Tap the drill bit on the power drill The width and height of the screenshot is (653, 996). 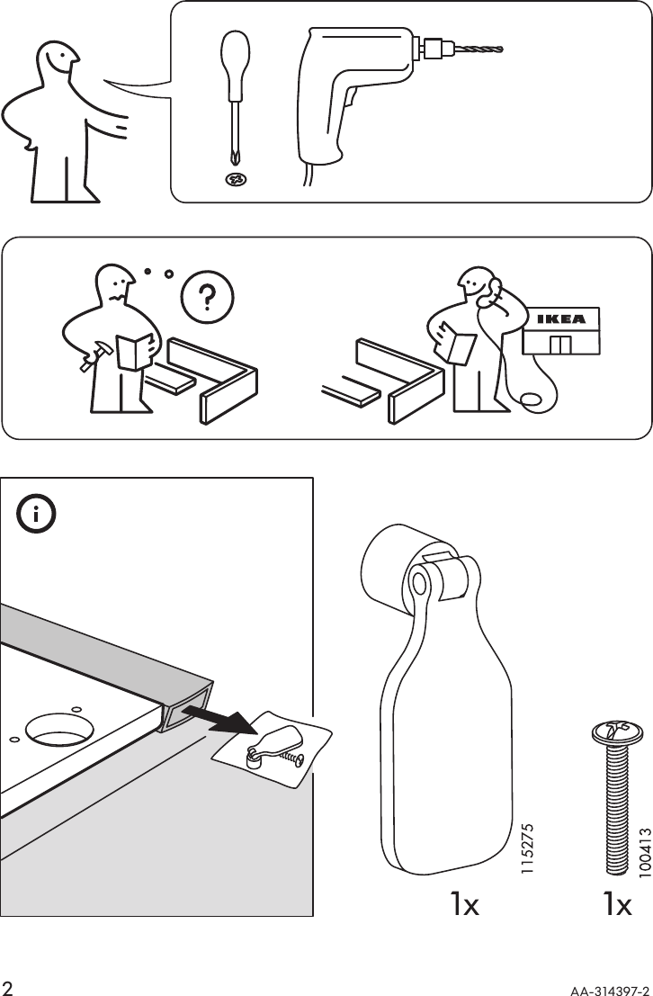477,47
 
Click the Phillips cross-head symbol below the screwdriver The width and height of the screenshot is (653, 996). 236,179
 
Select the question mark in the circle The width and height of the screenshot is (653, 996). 206,296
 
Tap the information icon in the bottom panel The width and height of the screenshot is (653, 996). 37,516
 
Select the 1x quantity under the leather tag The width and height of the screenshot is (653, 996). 465,904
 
